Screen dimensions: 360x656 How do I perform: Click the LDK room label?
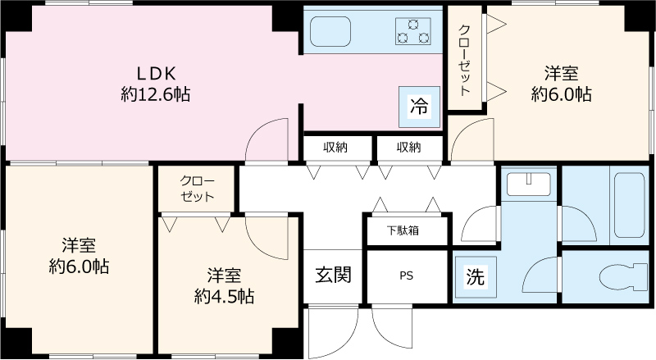(x=156, y=72)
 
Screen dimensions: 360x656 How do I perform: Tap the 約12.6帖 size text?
(x=156, y=94)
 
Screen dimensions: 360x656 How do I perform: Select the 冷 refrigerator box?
(x=419, y=107)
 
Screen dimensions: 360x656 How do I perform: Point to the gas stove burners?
(x=412, y=31)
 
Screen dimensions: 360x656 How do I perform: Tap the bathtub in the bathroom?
(x=627, y=207)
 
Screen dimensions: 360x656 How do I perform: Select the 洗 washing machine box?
(x=475, y=277)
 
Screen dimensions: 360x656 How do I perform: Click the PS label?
(x=406, y=276)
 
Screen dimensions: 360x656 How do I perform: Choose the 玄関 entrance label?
(x=334, y=275)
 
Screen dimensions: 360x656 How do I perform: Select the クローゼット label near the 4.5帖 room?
(x=197, y=189)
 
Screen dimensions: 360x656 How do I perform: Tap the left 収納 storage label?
(x=335, y=148)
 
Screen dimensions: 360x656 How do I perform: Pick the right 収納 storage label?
(x=408, y=148)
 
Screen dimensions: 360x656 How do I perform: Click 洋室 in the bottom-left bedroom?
(x=79, y=244)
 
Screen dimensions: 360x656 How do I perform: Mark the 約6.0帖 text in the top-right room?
(x=561, y=94)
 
